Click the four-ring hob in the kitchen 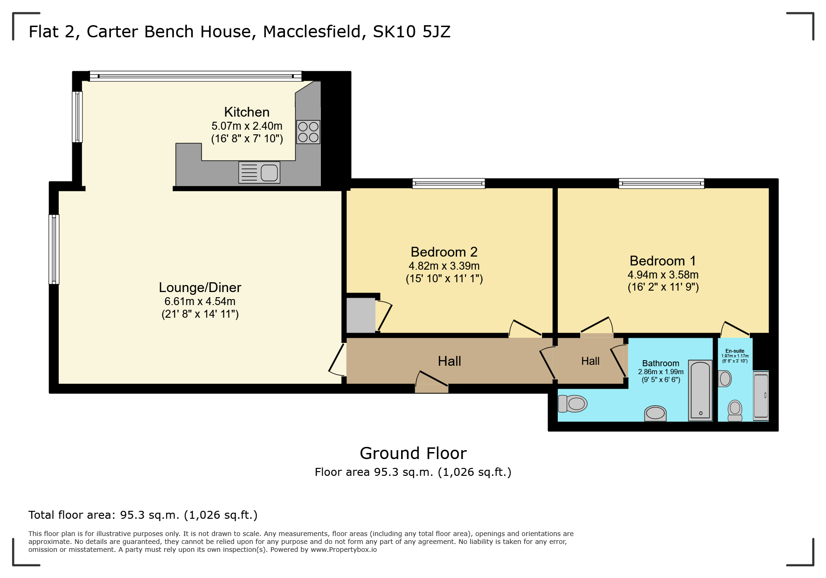coord(308,132)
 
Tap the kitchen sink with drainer coord(259,173)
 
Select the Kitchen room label coord(247,112)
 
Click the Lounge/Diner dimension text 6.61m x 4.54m coord(200,301)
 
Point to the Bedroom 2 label coord(444,252)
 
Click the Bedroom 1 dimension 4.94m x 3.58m coord(663,275)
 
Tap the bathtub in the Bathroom coord(701,390)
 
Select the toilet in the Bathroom coord(572,404)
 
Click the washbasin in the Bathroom coord(655,413)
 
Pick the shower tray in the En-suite coord(761,396)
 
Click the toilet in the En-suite coord(735,410)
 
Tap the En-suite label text coord(735,351)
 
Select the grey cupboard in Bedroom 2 coord(361,315)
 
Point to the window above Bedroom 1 coord(661,183)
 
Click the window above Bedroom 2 coord(448,183)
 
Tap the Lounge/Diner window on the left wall coord(54,249)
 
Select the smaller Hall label coord(590,361)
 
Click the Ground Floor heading coord(413,453)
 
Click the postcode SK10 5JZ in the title coord(411,32)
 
